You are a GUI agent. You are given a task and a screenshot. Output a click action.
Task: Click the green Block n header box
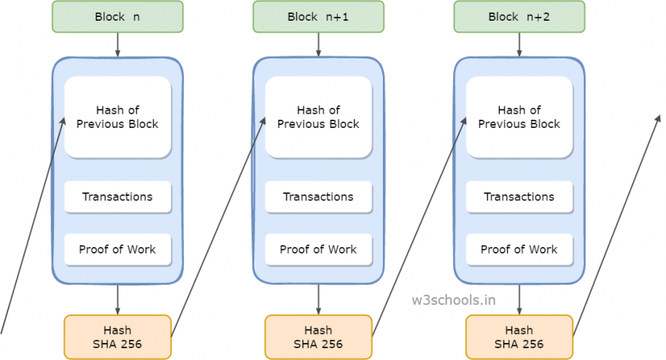118,16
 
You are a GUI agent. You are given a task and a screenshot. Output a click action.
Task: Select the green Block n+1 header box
319,16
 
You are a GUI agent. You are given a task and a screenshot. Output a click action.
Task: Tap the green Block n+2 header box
520,16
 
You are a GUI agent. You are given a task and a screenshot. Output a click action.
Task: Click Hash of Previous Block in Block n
118,118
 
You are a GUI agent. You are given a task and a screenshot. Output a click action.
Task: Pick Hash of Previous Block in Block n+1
319,118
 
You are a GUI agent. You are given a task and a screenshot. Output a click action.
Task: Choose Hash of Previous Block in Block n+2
520,118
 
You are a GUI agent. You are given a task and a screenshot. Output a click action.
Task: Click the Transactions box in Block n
118,197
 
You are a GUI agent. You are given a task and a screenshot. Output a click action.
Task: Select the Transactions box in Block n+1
319,197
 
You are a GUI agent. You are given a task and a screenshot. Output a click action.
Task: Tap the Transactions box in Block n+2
520,197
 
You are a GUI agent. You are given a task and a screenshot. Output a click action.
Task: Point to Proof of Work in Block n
118,250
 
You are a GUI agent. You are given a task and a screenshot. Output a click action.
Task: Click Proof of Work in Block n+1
319,250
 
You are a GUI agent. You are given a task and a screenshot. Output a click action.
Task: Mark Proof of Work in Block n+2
520,250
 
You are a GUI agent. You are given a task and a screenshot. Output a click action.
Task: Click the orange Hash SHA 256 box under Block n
118,337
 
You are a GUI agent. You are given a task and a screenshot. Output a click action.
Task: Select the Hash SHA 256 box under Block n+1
319,337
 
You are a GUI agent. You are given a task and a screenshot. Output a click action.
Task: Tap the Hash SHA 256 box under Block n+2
520,337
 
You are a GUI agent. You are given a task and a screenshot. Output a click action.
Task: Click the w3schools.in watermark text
454,300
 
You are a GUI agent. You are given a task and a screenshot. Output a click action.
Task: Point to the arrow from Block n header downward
118,44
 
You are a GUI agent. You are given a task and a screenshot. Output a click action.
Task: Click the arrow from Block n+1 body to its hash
319,299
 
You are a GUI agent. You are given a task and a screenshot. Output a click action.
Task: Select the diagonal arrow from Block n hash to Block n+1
218,227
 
